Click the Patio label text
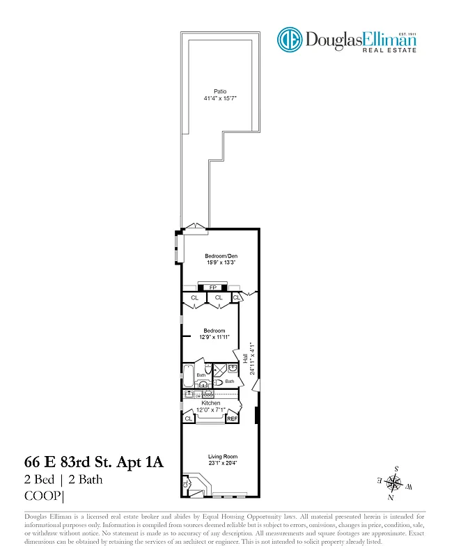coord(220,91)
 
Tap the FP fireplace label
coord(213,287)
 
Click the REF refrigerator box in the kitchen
coord(232,418)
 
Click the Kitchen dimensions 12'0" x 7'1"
coord(211,410)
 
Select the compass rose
coord(394,482)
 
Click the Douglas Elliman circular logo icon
coord(289,39)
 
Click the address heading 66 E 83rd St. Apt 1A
coord(94,462)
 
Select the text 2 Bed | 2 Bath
coord(63,480)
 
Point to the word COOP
coord(43,496)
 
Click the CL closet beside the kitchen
coord(189,418)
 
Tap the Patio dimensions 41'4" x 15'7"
coord(220,99)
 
